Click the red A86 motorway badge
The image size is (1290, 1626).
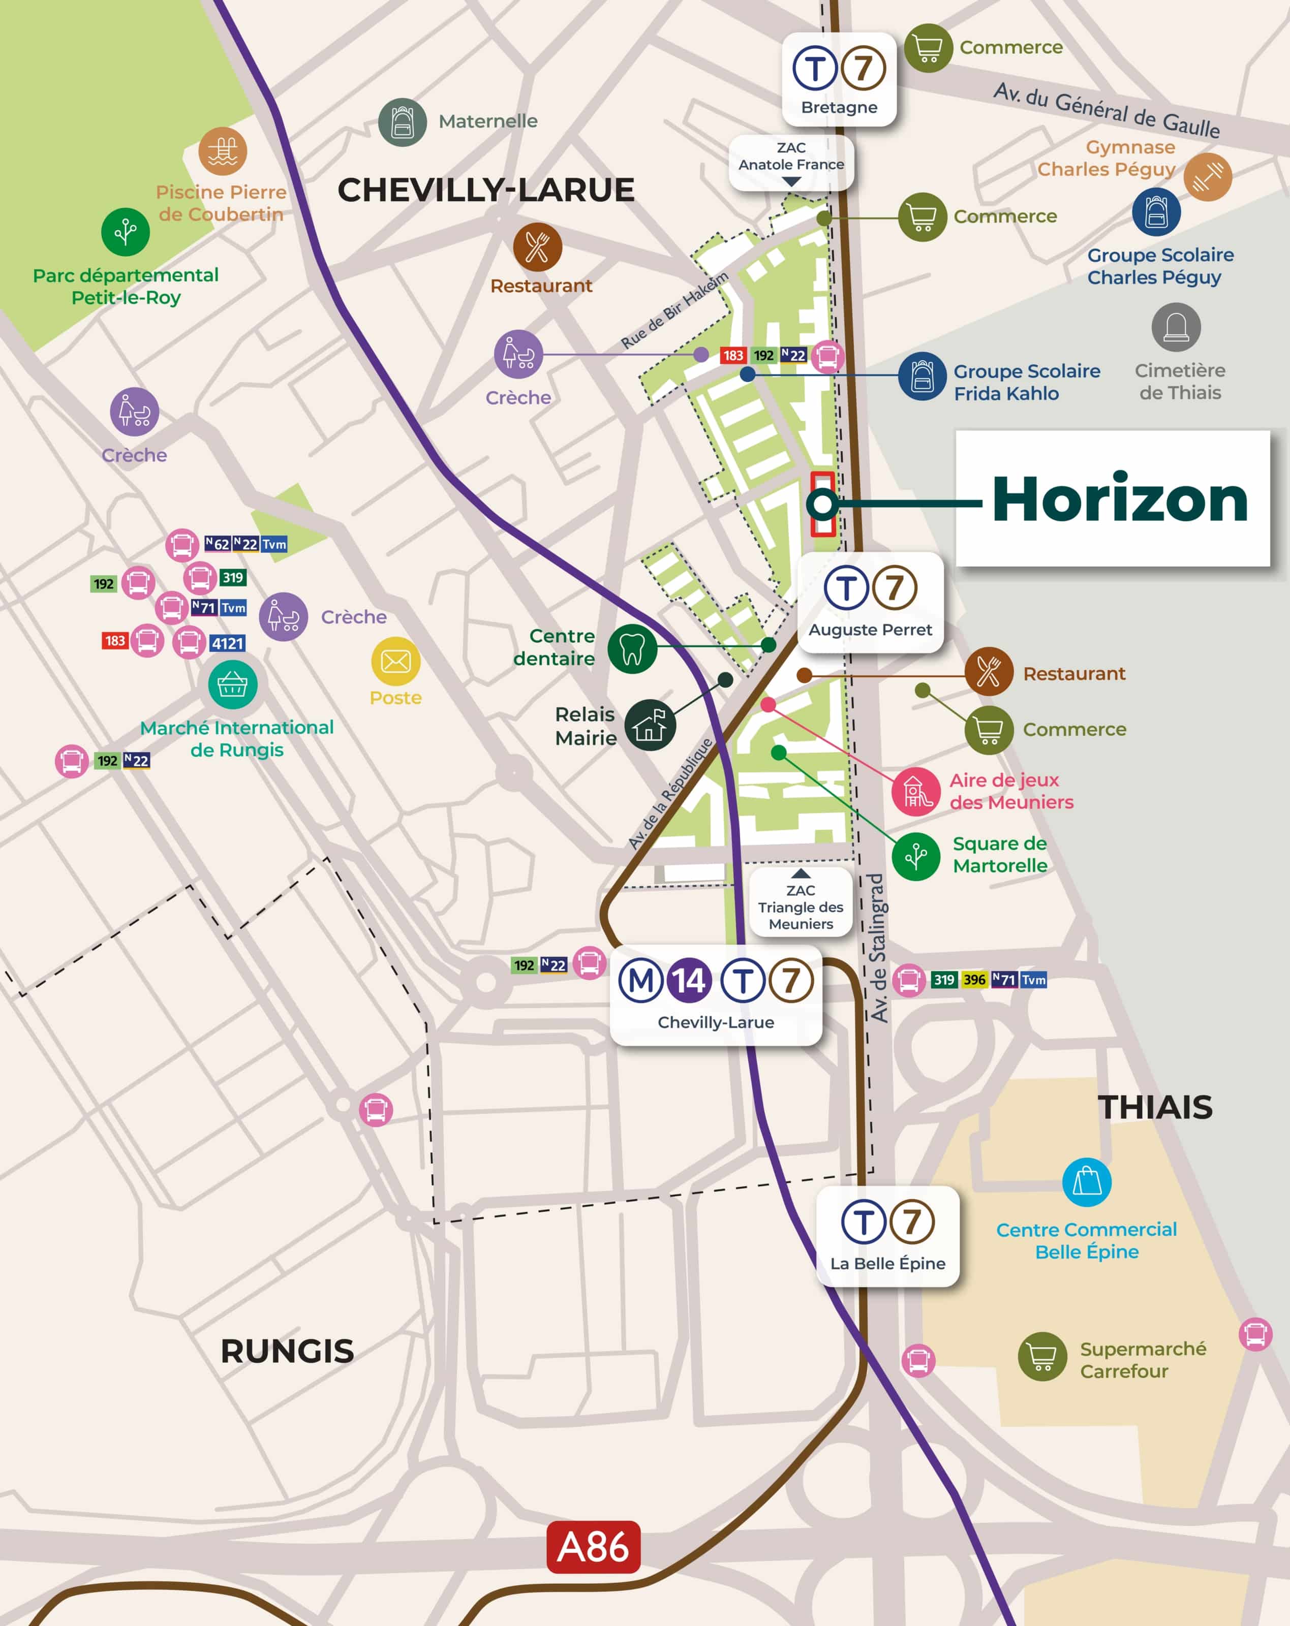point(593,1547)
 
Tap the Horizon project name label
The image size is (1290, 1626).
point(1120,499)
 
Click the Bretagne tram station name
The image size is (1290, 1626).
point(839,107)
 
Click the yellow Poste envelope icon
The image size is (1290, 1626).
point(395,662)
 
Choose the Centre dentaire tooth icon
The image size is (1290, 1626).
point(632,648)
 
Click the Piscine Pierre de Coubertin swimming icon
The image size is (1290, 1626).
point(223,151)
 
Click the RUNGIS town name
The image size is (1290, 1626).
point(287,1351)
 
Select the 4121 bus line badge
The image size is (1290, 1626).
point(227,643)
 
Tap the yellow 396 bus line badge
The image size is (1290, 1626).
point(974,980)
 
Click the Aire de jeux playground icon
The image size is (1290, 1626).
point(916,791)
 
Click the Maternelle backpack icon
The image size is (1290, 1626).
point(403,121)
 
